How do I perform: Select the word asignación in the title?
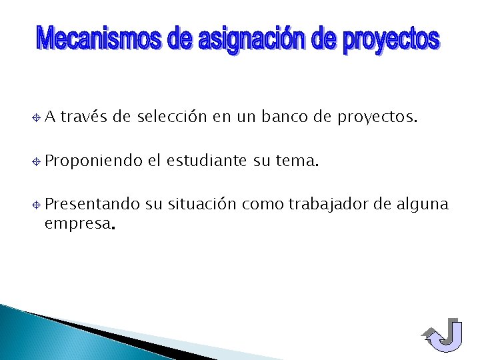[253, 41]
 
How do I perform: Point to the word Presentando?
[92, 203]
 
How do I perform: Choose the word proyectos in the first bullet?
[377, 119]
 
